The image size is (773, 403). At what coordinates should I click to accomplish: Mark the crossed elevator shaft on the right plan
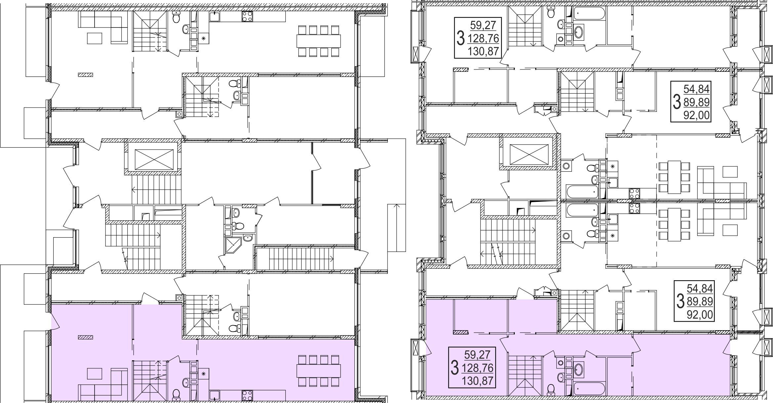[x=529, y=154]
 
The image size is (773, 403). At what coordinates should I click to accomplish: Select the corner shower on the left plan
[x=233, y=246]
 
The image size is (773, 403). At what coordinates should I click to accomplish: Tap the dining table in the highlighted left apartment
[x=319, y=371]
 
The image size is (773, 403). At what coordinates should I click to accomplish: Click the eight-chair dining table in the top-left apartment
[x=319, y=41]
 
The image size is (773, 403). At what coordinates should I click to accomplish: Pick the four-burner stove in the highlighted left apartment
[x=247, y=395]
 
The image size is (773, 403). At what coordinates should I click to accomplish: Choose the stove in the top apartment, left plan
[x=247, y=16]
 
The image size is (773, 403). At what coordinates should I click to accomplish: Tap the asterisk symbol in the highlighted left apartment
[x=204, y=373]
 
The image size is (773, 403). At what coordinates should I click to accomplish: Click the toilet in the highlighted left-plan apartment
[x=176, y=394]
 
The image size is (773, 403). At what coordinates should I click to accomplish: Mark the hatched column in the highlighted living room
[x=85, y=337]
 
